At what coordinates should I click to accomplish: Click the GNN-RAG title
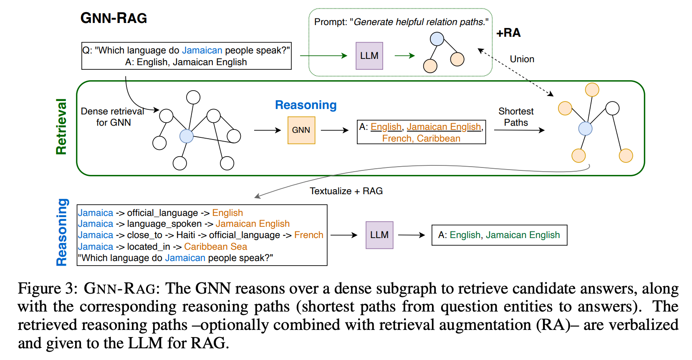pos(114,18)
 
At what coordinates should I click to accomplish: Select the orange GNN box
pos(301,130)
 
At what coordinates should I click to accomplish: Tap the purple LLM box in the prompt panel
pos(369,56)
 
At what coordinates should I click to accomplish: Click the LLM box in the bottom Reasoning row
pos(379,235)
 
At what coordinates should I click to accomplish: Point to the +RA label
pos(508,33)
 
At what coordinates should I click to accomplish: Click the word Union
pos(522,59)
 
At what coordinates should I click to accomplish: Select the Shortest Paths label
pos(516,117)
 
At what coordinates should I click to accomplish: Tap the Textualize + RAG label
pos(346,191)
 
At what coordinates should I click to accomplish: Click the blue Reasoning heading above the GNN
pos(306,105)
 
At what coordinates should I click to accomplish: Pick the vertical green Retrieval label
pos(61,127)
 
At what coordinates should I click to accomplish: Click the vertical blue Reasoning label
pos(62,232)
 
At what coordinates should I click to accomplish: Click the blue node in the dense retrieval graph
pos(186,136)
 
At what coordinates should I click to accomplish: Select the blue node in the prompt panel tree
pos(437,39)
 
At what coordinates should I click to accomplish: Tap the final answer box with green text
pos(499,235)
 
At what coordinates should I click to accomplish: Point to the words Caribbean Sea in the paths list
pos(215,247)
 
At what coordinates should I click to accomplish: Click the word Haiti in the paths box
pos(185,235)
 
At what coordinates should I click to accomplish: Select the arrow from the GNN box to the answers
pos(334,130)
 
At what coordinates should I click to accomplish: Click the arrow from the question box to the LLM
pos(323,56)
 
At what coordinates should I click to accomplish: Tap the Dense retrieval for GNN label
pos(112,117)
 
